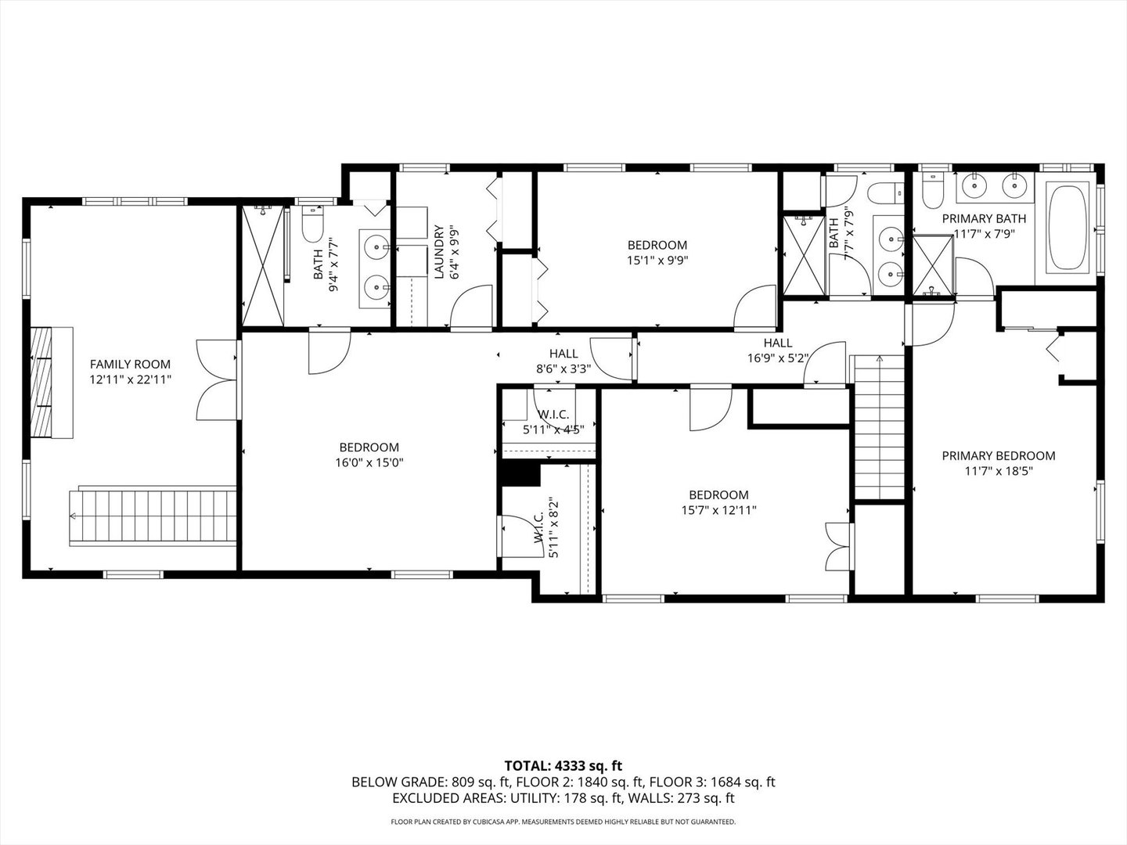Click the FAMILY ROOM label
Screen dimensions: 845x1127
130,364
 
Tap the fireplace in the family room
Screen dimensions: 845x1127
52,383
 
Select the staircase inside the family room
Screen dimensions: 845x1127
153,516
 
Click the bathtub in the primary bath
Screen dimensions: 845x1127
1068,227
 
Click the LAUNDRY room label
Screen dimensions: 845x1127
438,252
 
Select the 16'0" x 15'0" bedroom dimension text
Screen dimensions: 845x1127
369,462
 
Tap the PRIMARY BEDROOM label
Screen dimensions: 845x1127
998,455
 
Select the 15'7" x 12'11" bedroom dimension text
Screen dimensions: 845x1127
718,509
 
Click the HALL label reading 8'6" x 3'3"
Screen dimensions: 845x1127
563,354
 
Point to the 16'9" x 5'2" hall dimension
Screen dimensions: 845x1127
778,358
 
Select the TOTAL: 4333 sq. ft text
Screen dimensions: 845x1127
563,765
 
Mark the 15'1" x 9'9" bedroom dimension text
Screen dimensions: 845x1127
657,260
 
